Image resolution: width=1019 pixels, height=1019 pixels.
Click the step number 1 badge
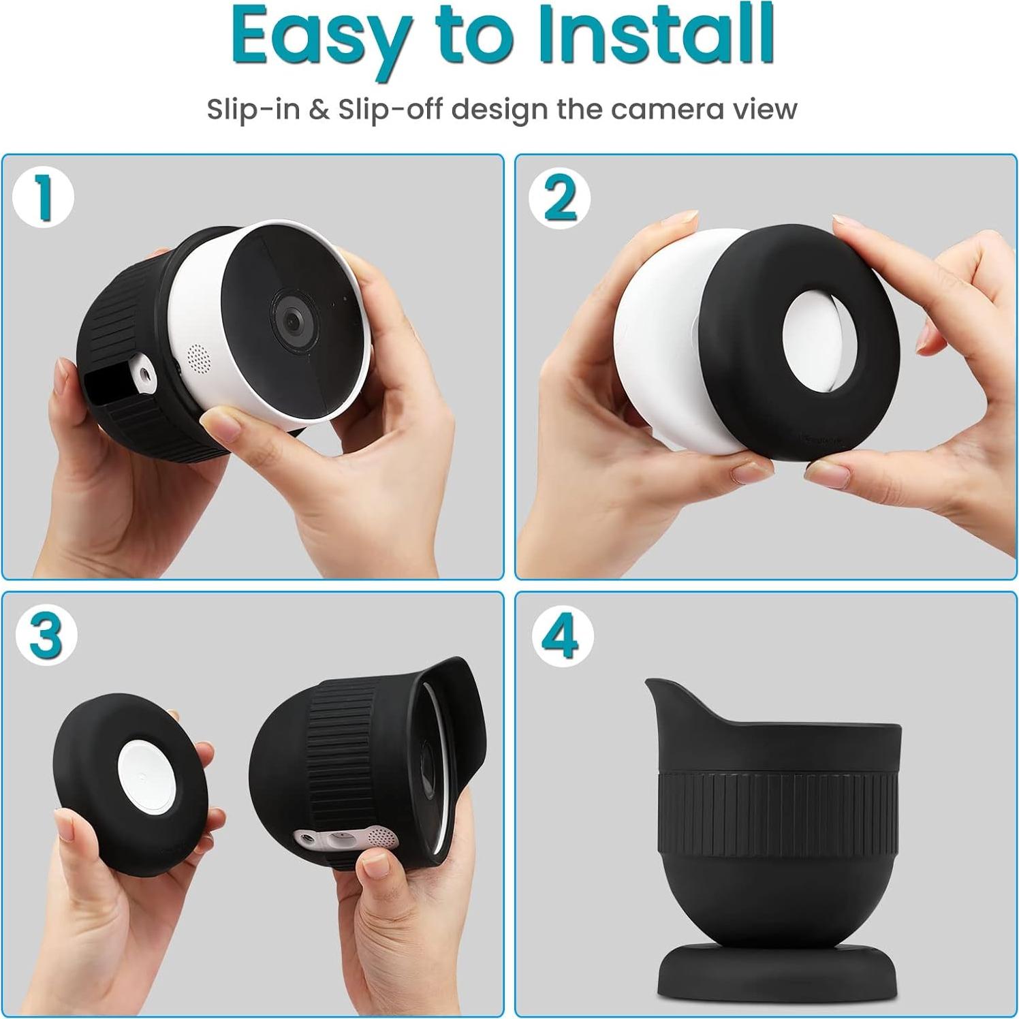[x=43, y=198]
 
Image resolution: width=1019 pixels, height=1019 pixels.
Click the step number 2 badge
[x=560, y=198]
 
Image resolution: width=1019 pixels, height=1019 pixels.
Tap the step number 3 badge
[x=46, y=636]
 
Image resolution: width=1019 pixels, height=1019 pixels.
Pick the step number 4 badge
[x=563, y=636]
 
